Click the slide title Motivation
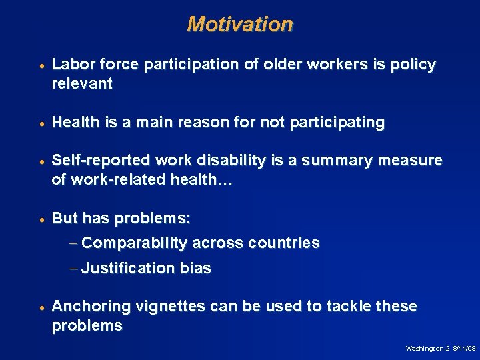tap(240, 24)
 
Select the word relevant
tap(82, 84)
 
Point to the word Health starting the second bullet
tap(75, 123)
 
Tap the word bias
tap(195, 269)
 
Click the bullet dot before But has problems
tap(41, 219)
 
